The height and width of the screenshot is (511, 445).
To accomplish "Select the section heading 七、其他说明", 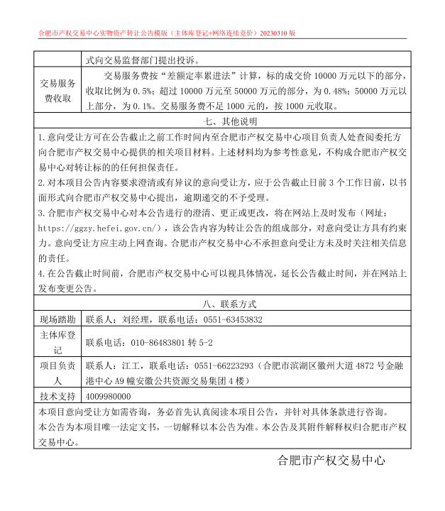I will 222,121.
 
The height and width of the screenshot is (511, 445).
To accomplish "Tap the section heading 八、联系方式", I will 222,304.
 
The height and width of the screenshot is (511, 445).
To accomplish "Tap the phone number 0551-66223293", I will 226,366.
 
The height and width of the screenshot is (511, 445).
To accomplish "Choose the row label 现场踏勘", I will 57,320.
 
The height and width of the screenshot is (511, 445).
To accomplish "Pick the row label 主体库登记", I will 57,343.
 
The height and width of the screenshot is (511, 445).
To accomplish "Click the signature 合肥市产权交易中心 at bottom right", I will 331,460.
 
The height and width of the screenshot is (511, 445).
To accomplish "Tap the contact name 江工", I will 130,366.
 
